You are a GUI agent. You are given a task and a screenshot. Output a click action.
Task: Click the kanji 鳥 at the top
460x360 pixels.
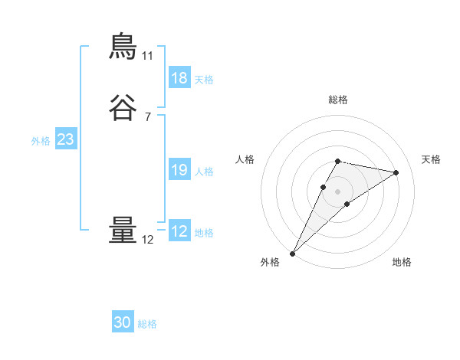[x=123, y=47]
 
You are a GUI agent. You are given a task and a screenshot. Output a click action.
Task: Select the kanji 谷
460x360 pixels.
[x=123, y=108]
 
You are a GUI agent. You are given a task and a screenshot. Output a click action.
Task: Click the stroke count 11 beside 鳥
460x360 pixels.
[x=147, y=56]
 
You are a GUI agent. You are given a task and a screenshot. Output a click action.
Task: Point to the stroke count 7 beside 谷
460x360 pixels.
[x=147, y=117]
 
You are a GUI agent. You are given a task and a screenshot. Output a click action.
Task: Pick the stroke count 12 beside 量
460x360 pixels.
[x=147, y=240]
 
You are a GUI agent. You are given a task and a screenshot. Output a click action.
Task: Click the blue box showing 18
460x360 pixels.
[x=179, y=78]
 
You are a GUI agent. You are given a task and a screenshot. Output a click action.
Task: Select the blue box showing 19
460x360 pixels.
[x=179, y=170]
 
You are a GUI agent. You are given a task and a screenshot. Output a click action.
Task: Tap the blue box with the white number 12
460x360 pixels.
[x=179, y=231]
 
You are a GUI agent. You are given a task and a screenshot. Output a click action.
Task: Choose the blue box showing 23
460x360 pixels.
[x=65, y=139]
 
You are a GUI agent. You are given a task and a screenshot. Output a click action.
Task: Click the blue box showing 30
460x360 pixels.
[x=122, y=322]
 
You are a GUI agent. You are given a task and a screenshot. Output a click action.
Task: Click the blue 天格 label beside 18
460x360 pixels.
[x=204, y=80]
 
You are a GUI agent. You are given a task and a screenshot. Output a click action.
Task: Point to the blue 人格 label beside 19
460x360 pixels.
[x=204, y=172]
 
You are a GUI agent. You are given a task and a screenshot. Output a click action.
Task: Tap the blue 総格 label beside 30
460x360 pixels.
[x=147, y=324]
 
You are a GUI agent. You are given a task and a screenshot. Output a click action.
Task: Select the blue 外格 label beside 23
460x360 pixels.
[x=41, y=141]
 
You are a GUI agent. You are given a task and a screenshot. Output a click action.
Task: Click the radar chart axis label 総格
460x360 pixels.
[x=337, y=100]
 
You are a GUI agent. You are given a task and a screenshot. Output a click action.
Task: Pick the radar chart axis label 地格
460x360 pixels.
[x=402, y=262]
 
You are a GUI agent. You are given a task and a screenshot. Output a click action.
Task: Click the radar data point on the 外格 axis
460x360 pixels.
[x=292, y=253]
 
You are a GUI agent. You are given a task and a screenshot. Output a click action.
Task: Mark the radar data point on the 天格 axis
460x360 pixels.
[x=396, y=172]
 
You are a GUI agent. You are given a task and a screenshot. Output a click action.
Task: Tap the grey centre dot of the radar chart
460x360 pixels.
[x=337, y=191]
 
